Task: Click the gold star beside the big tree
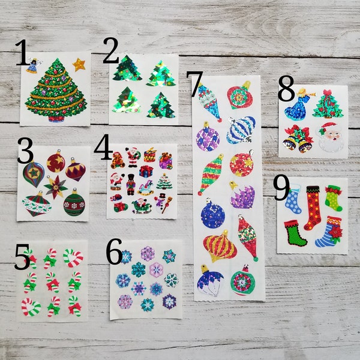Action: (79, 64)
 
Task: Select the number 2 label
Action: (111, 53)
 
